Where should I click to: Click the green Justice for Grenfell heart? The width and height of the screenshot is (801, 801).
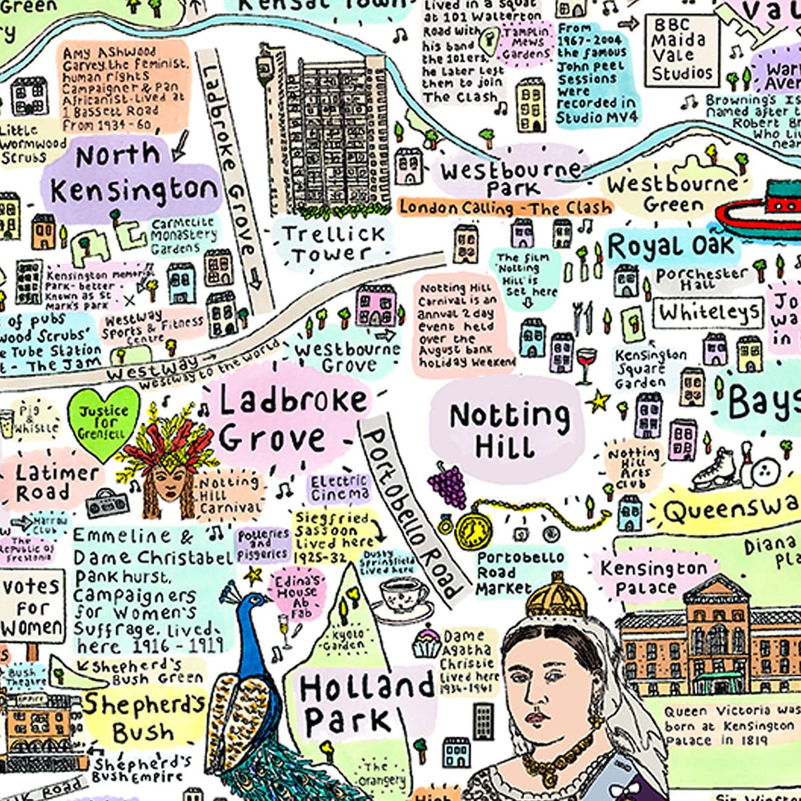click(103, 422)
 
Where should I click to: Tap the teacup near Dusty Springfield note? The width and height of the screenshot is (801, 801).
click(403, 597)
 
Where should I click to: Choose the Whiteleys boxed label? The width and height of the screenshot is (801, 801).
click(709, 312)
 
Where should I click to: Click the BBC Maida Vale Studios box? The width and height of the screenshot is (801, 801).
click(682, 51)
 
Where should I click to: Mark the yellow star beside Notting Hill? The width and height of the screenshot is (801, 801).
click(599, 401)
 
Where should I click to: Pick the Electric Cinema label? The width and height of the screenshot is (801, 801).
click(339, 487)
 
